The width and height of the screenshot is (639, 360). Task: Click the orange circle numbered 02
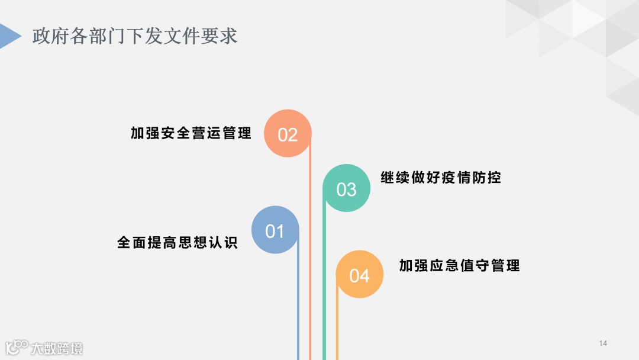288,134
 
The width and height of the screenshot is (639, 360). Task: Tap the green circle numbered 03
347,188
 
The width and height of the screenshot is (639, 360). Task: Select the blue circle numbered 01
275,230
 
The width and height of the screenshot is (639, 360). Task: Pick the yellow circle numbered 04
359,275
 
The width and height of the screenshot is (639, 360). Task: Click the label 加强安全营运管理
191,133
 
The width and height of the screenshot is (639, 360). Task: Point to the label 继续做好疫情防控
441,177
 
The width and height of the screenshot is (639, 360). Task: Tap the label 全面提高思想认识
177,243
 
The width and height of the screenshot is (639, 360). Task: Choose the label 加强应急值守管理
460,265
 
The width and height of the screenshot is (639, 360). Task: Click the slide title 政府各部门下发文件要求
135,36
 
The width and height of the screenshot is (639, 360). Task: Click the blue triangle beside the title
9,36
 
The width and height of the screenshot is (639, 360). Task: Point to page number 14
603,343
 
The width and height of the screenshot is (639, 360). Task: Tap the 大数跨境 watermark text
57,348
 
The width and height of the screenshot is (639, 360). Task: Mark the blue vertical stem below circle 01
298,308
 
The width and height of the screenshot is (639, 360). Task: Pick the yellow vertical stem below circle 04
337,326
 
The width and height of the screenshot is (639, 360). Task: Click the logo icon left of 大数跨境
17,347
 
